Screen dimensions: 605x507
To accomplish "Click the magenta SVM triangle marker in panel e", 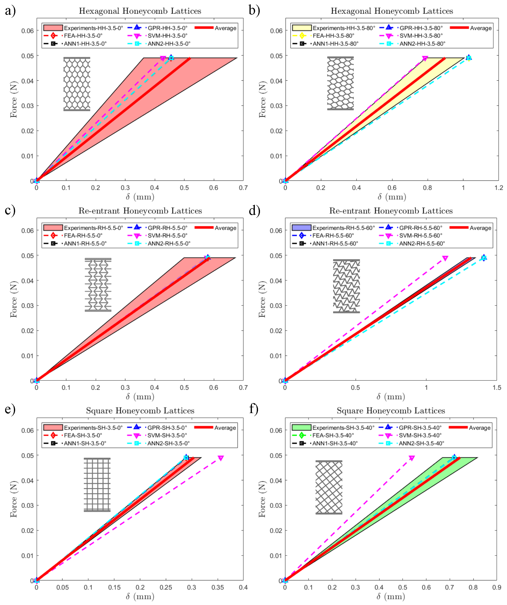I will pyautogui.click(x=221, y=458).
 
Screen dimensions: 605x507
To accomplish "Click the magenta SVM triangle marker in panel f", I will pyautogui.click(x=412, y=458).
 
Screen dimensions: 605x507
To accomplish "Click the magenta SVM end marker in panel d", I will pyautogui.click(x=445, y=258).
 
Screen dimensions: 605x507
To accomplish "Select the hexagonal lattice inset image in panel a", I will pyautogui.click(x=77, y=84).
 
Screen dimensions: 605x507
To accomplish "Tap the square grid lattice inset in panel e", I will pyautogui.click(x=97, y=485).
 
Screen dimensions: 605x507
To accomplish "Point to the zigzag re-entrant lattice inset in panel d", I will pyautogui.click(x=346, y=286).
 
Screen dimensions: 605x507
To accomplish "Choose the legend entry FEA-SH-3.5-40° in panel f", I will pyautogui.click(x=333, y=435).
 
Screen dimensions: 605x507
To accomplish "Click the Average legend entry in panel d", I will pyautogui.click(x=480, y=228).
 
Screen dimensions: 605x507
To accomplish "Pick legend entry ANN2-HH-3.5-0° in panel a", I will pyautogui.click(x=169, y=44).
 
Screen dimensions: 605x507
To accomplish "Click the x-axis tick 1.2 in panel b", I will pyautogui.click(x=499, y=188).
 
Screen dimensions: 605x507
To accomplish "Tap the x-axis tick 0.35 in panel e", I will pyautogui.click(x=218, y=587).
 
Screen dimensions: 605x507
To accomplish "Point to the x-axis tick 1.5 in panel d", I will pyautogui.click(x=497, y=388).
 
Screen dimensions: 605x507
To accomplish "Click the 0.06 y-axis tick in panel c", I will pyautogui.click(x=27, y=230).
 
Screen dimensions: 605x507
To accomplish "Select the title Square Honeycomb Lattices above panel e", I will pyautogui.click(x=140, y=411).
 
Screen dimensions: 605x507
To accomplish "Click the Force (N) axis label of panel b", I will pyautogui.click(x=262, y=99).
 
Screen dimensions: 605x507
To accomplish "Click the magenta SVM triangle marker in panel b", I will pyautogui.click(x=425, y=58).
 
